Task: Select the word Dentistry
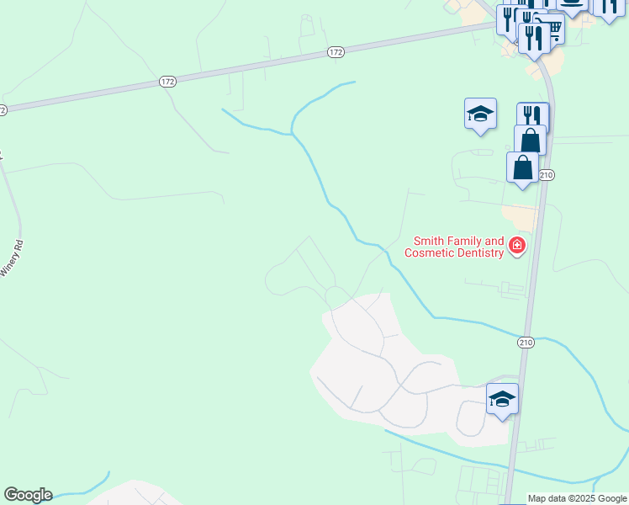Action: pos(479,252)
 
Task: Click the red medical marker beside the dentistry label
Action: pos(517,247)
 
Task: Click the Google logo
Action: pos(28,495)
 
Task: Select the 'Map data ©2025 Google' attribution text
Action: pos(577,498)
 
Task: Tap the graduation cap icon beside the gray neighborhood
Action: pos(502,399)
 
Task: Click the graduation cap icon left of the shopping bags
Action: pos(480,114)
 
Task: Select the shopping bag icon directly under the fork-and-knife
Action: pos(531,139)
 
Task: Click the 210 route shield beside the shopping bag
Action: pos(547,175)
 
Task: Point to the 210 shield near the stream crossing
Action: pos(526,343)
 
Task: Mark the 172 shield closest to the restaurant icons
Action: pos(336,52)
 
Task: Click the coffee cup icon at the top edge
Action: pos(573,5)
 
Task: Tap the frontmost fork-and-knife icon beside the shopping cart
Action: pos(533,38)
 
